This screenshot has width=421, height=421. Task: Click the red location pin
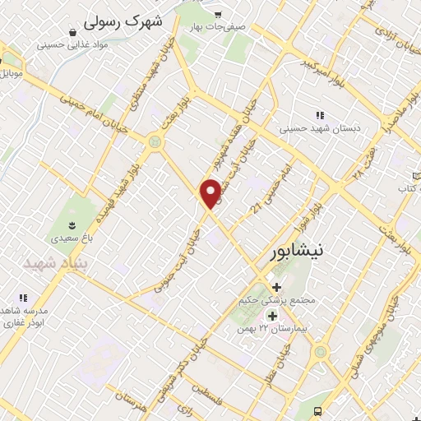[x=211, y=192]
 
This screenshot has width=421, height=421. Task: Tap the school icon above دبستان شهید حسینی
[x=320, y=115]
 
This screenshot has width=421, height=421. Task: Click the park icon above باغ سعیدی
[x=72, y=224]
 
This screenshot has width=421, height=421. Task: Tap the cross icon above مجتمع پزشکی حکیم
[x=275, y=288]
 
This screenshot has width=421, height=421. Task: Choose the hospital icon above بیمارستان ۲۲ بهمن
[x=272, y=316]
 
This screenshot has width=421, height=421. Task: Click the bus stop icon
[x=329, y=411]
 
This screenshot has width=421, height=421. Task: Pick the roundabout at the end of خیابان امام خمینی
[x=154, y=142]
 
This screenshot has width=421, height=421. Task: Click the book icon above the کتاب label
[x=416, y=176]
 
